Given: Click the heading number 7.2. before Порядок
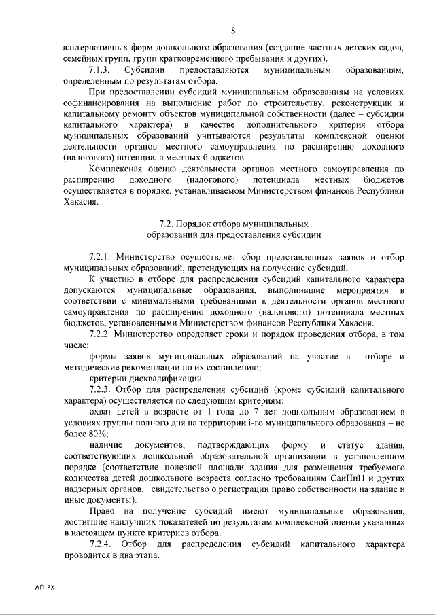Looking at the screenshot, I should (x=167, y=223).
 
